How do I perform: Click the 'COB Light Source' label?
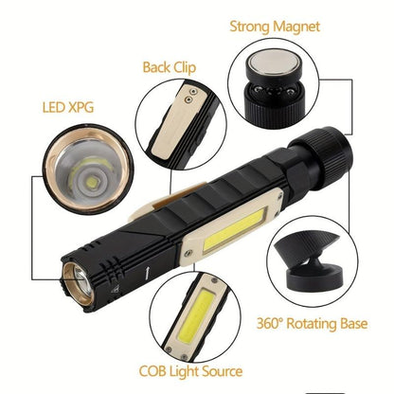coord(191,371)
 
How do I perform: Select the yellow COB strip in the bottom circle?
coord(201,316)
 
